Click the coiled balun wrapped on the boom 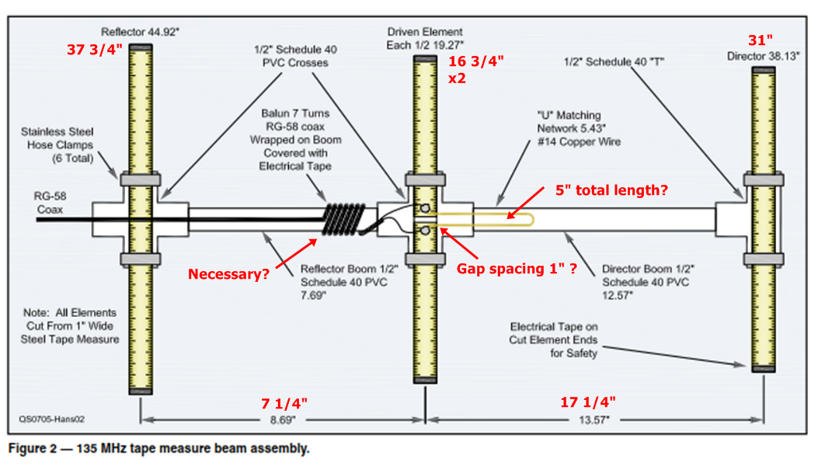(343, 219)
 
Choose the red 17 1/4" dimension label (588, 402)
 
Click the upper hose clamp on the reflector (141, 179)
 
